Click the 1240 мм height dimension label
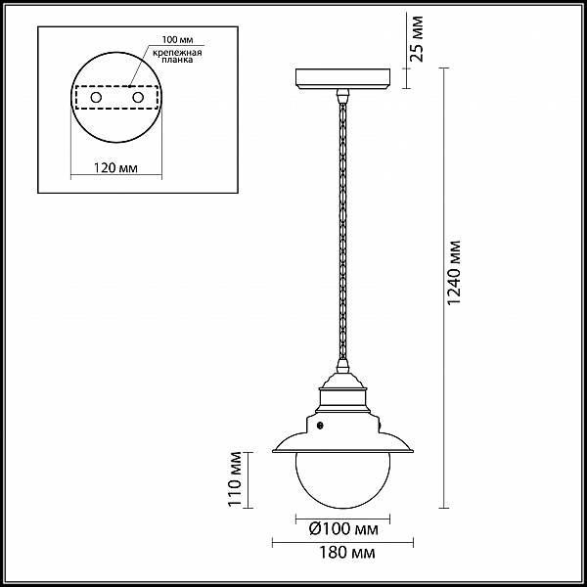coord(455,272)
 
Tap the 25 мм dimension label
coord(416,38)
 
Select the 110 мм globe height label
coord(235,478)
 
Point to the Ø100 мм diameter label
coord(343,528)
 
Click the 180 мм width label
coord(346,553)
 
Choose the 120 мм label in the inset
coord(114,167)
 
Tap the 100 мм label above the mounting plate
coord(178,39)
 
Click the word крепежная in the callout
coord(177,53)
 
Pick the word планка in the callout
coord(177,60)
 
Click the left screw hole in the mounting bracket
coord(96,98)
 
